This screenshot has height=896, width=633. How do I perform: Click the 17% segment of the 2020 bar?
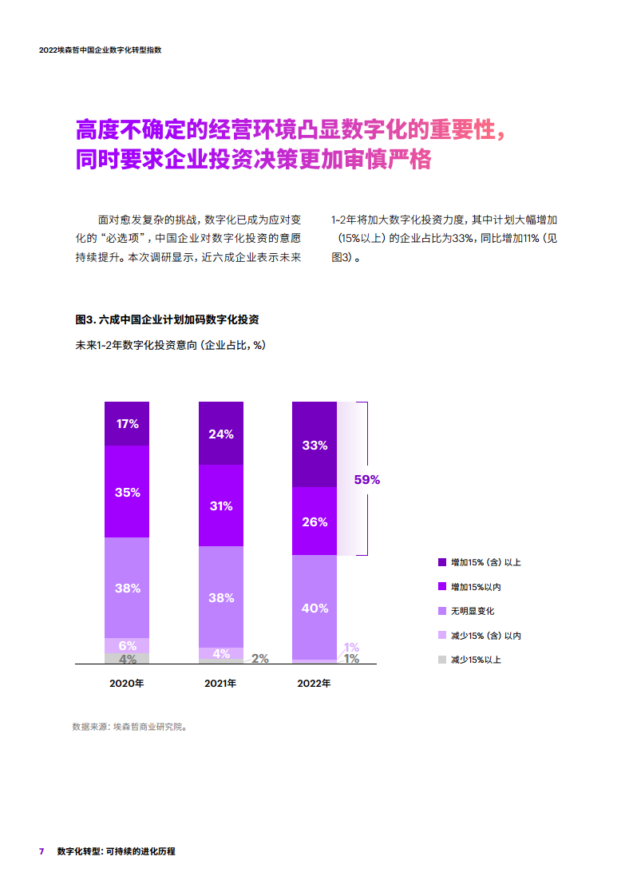127,424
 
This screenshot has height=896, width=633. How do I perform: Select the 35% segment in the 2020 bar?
127,492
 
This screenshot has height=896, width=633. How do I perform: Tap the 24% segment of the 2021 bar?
221,434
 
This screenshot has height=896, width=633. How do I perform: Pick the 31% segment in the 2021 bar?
221,505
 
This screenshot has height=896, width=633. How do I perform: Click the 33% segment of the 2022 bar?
315,445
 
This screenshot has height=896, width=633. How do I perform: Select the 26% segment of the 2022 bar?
315,521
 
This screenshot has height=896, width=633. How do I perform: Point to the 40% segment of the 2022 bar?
315,608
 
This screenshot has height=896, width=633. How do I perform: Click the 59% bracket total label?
367,480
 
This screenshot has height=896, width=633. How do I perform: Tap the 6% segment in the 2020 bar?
127,645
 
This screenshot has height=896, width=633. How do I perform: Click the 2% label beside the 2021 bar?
260,659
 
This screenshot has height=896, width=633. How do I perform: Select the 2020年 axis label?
126,684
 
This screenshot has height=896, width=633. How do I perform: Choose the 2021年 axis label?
220,684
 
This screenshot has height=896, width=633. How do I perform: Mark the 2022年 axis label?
314,684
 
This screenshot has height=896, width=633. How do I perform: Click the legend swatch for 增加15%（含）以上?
441,562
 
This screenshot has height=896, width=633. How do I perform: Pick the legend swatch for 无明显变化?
441,611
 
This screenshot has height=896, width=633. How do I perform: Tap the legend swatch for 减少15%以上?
441,660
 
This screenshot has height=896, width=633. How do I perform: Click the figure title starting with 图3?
166,319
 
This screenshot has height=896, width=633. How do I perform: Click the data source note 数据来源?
129,727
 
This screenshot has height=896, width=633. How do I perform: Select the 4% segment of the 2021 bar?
221,653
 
